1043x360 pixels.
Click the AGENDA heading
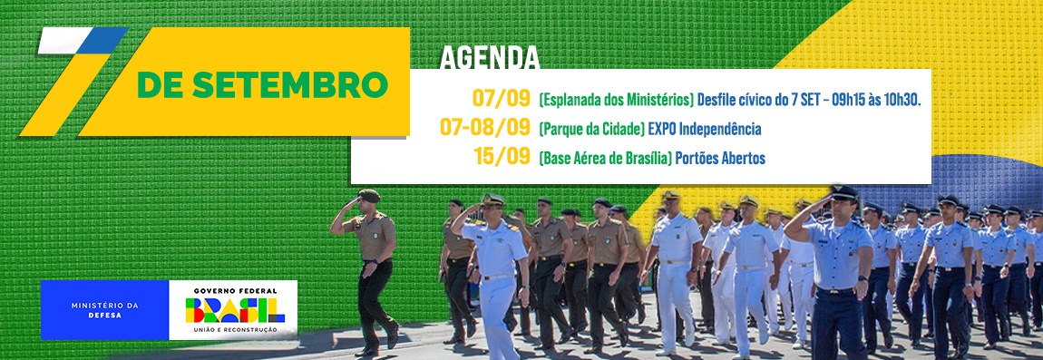click(490, 57)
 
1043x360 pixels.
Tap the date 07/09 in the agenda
click(501, 98)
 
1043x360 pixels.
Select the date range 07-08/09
click(485, 127)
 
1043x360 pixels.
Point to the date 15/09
click(502, 157)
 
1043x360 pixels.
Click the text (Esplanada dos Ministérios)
click(617, 99)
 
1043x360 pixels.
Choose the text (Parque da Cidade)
click(591, 128)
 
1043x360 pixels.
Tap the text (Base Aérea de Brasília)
click(605, 158)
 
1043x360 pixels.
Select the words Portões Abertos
click(720, 158)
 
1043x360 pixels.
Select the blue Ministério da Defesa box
click(105, 310)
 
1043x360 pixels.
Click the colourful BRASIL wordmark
click(233, 311)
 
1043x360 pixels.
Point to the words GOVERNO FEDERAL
click(233, 290)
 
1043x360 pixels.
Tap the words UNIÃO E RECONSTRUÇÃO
click(233, 331)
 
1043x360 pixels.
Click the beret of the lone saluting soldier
click(368, 195)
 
